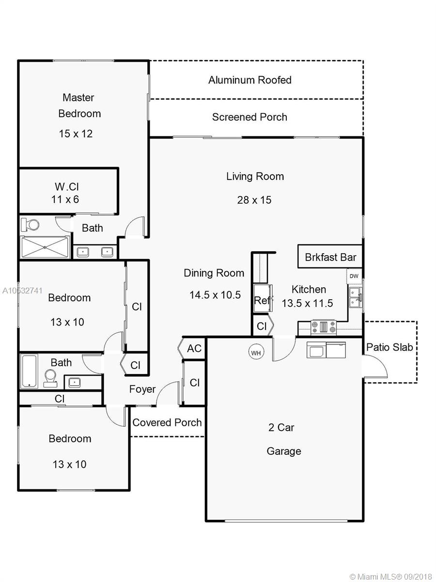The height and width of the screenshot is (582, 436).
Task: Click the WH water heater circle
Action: (256, 353)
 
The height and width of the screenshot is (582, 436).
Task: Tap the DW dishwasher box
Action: (354, 276)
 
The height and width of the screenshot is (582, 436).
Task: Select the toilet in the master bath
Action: (30, 225)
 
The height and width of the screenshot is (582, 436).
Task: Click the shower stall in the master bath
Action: (45, 247)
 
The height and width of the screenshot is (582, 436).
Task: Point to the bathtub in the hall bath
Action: (29, 371)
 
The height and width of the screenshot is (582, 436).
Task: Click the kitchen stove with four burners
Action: (324, 327)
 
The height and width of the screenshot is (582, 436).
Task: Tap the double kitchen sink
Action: (355, 297)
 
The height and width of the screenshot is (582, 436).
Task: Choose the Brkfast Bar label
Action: (330, 257)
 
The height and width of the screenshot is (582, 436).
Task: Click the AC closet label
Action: (194, 348)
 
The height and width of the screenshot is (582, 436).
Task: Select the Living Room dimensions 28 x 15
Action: (254, 200)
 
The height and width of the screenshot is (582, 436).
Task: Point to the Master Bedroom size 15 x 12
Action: (76, 134)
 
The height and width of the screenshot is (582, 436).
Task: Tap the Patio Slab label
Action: (389, 347)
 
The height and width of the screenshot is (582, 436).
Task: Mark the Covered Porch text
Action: (167, 422)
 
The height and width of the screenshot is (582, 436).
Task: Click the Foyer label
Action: (142, 389)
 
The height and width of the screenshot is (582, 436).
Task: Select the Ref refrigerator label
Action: (262, 300)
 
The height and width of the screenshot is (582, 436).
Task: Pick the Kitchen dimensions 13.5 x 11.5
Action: (307, 303)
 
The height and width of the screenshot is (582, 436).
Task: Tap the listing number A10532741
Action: (22, 291)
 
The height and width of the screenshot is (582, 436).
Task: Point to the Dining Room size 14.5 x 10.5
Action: (215, 295)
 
